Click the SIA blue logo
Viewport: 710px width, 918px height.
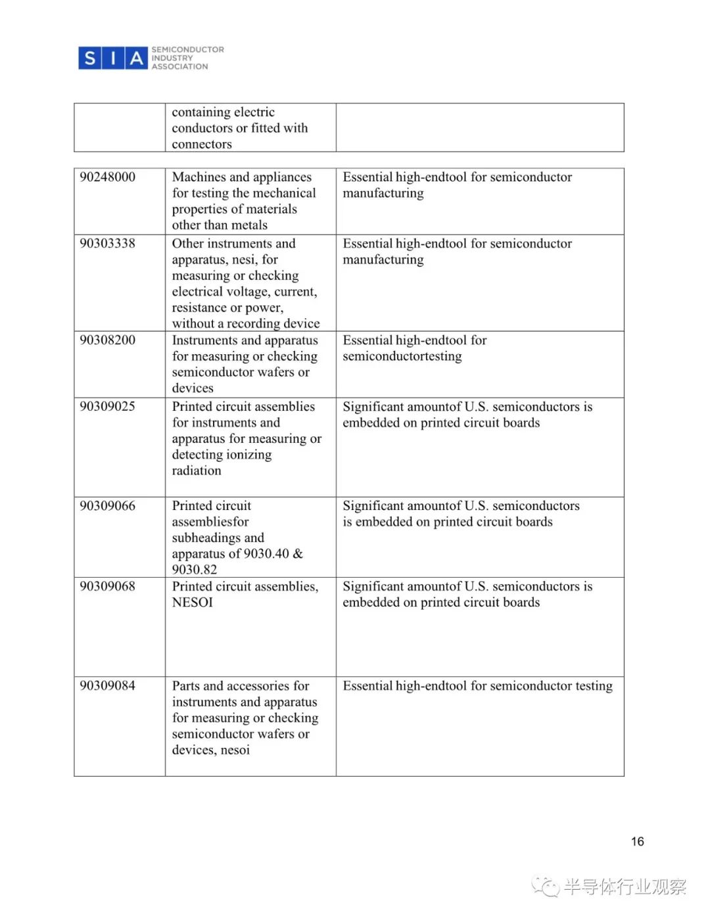pos(113,58)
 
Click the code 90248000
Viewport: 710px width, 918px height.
pos(108,177)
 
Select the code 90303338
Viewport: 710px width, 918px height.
pos(108,244)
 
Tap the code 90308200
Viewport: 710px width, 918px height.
pos(108,340)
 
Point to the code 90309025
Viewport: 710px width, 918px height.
pos(108,407)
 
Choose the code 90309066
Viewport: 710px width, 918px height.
pos(108,506)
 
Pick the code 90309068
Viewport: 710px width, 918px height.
pos(108,586)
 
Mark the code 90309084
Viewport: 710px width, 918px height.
pos(108,686)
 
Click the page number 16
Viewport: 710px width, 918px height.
pos(637,842)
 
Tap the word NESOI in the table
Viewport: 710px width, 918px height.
pos(193,603)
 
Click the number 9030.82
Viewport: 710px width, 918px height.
pos(195,570)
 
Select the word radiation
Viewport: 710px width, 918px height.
pos(197,470)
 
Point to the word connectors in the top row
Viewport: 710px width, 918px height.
pos(202,145)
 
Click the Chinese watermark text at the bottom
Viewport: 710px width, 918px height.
pos(625,887)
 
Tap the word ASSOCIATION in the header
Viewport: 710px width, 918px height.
pos(180,67)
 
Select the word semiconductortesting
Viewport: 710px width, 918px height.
pos(402,356)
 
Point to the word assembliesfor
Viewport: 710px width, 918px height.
pos(210,522)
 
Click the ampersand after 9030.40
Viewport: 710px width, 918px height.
pos(298,554)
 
